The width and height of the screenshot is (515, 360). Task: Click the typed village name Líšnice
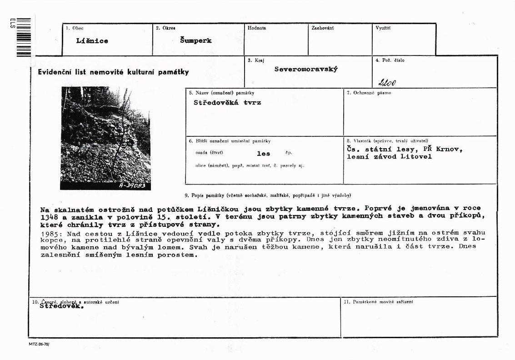pyautogui.click(x=92, y=41)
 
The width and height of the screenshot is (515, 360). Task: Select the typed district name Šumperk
pyautogui.click(x=195, y=40)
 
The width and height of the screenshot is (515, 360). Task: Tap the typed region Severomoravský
pyautogui.click(x=306, y=70)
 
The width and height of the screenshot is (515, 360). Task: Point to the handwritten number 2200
pyautogui.click(x=387, y=82)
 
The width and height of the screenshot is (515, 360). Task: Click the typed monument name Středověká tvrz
pyautogui.click(x=227, y=103)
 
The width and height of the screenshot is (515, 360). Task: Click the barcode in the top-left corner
pyautogui.click(x=23, y=37)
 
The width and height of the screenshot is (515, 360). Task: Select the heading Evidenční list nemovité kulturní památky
pyautogui.click(x=113, y=72)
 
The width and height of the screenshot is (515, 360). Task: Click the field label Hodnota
pyautogui.click(x=257, y=28)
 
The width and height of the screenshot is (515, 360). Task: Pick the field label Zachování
pyautogui.click(x=323, y=28)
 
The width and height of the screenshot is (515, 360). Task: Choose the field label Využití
pyautogui.click(x=383, y=28)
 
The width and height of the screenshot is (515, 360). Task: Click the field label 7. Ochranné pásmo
pyautogui.click(x=369, y=93)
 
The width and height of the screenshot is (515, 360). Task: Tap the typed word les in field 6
pyautogui.click(x=264, y=154)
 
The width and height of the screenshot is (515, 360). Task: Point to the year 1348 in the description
pyautogui.click(x=50, y=217)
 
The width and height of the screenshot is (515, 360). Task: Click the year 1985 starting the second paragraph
pyautogui.click(x=50, y=233)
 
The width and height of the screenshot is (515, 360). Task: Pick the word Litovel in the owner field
pyautogui.click(x=416, y=157)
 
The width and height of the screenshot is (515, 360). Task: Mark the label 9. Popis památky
pyautogui.click(x=268, y=195)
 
